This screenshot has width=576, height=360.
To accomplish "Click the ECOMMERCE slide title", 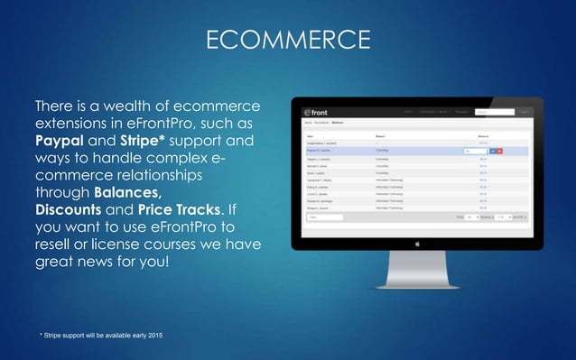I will point(288,41).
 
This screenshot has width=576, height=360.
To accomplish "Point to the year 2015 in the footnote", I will point(154,336).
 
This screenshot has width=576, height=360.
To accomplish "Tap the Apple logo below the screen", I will point(417,242).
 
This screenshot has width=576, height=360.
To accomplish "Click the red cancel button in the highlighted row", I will point(501,151).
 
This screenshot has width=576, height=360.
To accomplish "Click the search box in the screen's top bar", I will point(493,113).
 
